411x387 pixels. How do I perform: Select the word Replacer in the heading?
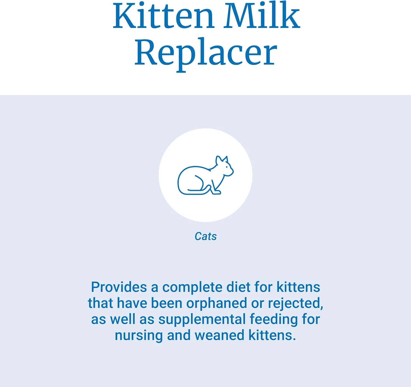pyautogui.click(x=206, y=53)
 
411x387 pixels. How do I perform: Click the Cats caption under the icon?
pyautogui.click(x=206, y=236)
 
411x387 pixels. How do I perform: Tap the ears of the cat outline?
pyautogui.click(x=221, y=160)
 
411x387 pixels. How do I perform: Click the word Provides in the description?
pyautogui.click(x=119, y=287)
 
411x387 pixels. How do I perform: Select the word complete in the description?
pyautogui.click(x=192, y=287)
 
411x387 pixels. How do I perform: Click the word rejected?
pyautogui.click(x=295, y=303)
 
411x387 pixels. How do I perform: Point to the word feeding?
pyautogui.click(x=274, y=319)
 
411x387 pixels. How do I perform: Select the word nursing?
pyautogui.click(x=139, y=335)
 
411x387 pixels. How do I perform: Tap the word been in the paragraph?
pyautogui.click(x=167, y=303)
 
